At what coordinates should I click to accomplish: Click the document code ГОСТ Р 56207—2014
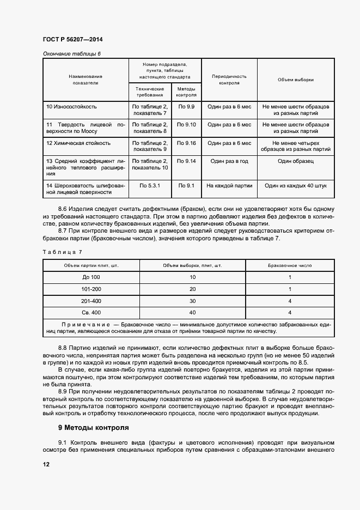[72, 39]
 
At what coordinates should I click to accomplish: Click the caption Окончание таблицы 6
[72, 53]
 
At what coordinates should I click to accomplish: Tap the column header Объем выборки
[295, 80]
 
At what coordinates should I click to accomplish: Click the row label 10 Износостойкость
[71, 107]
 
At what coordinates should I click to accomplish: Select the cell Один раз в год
[229, 161]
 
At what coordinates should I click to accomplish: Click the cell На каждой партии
[229, 185]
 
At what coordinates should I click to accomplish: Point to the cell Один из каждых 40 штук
[295, 185]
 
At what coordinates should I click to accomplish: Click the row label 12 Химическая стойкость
[78, 143]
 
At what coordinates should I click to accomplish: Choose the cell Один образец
[295, 161]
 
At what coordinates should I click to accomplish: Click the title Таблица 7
[62, 252]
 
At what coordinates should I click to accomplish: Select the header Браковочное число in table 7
[290, 265]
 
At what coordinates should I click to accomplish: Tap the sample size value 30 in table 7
[192, 301]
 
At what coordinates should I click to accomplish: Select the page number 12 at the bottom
[46, 464]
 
